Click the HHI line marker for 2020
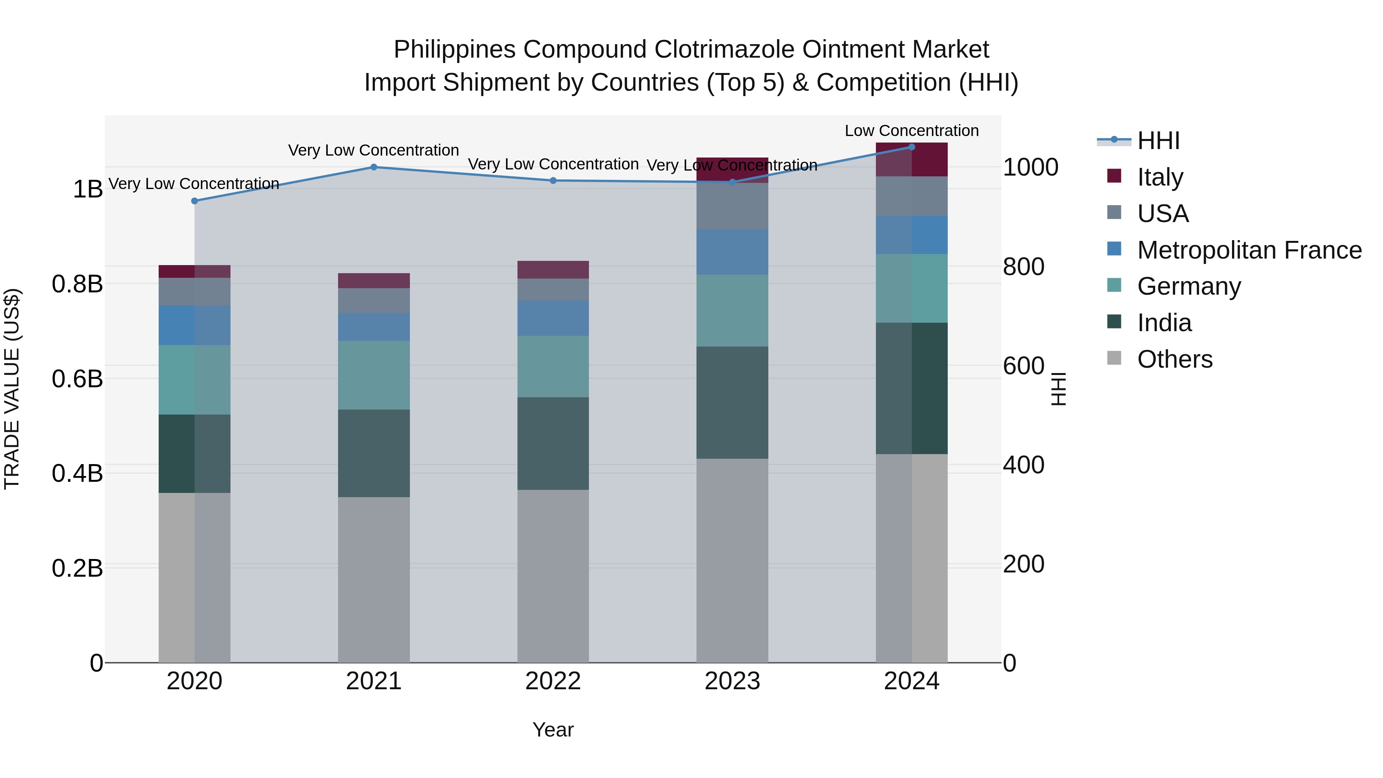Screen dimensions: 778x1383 [x=194, y=201]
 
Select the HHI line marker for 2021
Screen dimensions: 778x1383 [x=374, y=167]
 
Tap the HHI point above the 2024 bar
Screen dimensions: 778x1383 [x=912, y=147]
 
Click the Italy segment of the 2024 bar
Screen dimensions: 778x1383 [x=912, y=160]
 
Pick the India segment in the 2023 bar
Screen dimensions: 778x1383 [x=732, y=402]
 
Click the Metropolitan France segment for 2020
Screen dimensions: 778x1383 [x=194, y=325]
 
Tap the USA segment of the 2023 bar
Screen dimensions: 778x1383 [x=732, y=206]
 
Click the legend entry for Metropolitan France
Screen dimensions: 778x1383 [x=1249, y=250]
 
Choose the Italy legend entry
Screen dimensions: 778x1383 [x=1160, y=177]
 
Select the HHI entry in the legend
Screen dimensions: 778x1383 [x=1159, y=141]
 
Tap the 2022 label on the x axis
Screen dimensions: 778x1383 [x=553, y=681]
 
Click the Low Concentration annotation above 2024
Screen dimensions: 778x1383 [x=912, y=131]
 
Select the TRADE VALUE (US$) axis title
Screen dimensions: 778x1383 [x=12, y=389]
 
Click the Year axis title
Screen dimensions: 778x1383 [x=553, y=730]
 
